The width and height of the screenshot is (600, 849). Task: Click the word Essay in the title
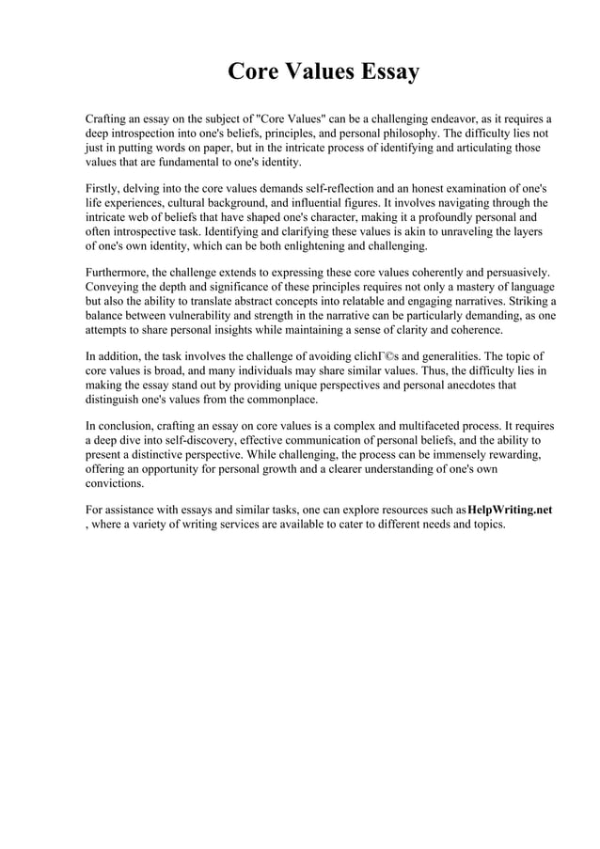(379, 72)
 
